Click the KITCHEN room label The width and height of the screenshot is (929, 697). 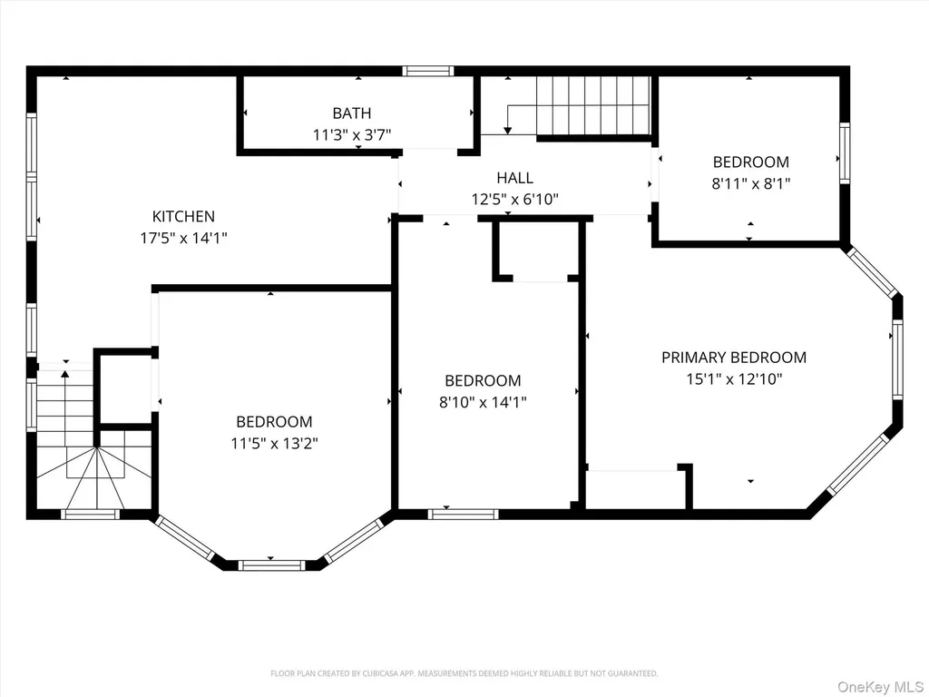[x=183, y=216]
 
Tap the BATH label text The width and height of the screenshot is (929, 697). [x=352, y=113]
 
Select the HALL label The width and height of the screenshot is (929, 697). [x=515, y=178]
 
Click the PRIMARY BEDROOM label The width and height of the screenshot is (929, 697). [x=734, y=358]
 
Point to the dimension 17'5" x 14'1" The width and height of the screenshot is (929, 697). [x=183, y=239]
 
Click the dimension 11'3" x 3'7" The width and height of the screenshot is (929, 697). [x=352, y=135]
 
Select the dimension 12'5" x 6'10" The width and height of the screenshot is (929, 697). [x=515, y=199]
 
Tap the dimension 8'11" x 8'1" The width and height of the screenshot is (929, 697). [x=750, y=183]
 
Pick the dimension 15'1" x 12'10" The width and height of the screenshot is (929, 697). [x=734, y=379]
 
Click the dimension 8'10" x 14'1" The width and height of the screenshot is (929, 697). [x=483, y=402]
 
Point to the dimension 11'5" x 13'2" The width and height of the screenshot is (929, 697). [x=274, y=443]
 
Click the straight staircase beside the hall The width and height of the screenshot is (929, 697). [x=593, y=106]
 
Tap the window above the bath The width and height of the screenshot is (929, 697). [x=428, y=71]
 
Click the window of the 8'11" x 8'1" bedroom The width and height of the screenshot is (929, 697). [x=845, y=152]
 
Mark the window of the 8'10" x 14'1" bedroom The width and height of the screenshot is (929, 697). [x=464, y=514]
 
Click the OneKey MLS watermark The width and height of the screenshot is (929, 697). [x=880, y=687]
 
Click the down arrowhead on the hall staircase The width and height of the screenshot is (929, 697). [x=508, y=130]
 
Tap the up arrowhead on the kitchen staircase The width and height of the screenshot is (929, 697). [x=65, y=373]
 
